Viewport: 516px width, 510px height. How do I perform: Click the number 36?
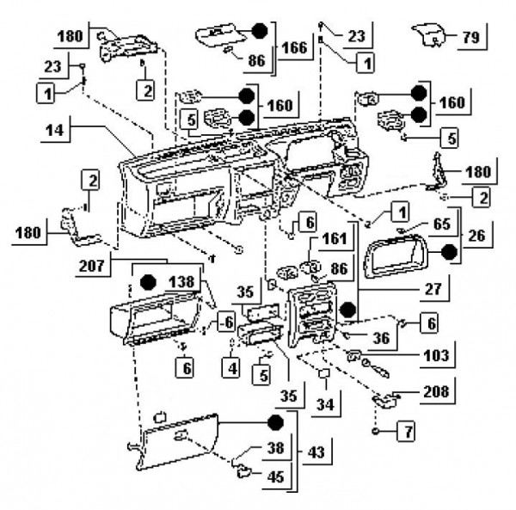click(x=381, y=338)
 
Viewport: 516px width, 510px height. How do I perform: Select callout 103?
click(x=439, y=353)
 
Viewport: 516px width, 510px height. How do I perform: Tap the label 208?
click(x=435, y=391)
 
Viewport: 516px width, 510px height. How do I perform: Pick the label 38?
click(x=274, y=448)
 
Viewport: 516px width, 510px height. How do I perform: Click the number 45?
click(x=274, y=475)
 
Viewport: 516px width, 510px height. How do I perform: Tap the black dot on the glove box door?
click(x=274, y=422)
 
